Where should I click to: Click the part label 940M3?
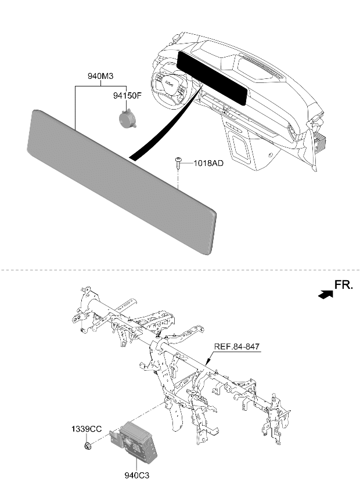pyautogui.click(x=100, y=76)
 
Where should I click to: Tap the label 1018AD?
pyautogui.click(x=208, y=163)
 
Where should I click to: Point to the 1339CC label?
pyautogui.click(x=87, y=429)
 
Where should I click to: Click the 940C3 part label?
pyautogui.click(x=136, y=476)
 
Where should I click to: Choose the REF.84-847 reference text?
pyautogui.click(x=237, y=347)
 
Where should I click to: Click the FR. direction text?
pyautogui.click(x=344, y=285)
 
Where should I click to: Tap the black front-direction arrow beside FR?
pyautogui.click(x=325, y=295)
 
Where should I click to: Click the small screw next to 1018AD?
pyautogui.click(x=178, y=163)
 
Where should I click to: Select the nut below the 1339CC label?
pyautogui.click(x=87, y=445)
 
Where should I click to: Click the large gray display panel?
pyautogui.click(x=122, y=182)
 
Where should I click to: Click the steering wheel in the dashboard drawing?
pyautogui.click(x=168, y=85)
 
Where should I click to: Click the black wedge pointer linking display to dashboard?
pyautogui.click(x=166, y=122)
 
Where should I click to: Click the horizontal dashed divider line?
pyautogui.click(x=180, y=270)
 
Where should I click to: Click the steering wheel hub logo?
pyautogui.click(x=170, y=84)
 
